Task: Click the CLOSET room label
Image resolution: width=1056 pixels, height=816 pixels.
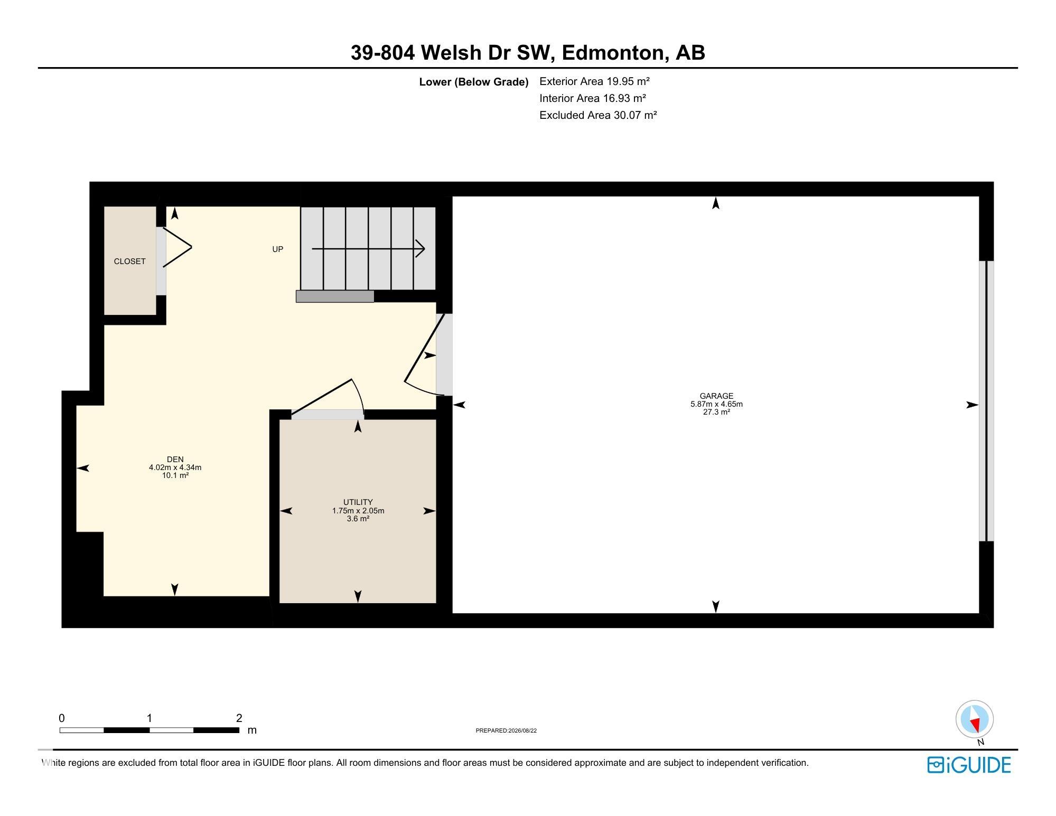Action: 129,261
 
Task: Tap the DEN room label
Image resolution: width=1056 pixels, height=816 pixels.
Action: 175,459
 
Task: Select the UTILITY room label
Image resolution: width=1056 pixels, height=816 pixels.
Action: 358,502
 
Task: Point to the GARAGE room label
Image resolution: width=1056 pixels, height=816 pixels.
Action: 716,396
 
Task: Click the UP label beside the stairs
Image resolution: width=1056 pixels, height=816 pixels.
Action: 277,249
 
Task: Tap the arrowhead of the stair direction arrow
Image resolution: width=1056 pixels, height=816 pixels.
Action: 420,248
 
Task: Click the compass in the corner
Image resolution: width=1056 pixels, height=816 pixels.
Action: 975,719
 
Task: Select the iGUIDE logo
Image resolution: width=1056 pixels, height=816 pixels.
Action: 969,765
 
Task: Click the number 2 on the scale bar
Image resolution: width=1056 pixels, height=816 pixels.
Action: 239,718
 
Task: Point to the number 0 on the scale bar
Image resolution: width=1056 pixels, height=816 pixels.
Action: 62,718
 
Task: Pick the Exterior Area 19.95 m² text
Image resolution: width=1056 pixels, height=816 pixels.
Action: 594,81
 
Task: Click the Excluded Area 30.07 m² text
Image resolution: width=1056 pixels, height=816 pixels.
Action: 598,115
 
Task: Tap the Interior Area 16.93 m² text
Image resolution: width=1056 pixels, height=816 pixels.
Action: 593,98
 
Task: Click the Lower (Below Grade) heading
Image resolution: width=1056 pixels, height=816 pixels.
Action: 474,82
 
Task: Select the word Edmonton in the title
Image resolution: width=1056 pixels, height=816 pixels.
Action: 613,53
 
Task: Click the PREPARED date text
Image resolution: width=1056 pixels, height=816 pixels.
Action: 506,731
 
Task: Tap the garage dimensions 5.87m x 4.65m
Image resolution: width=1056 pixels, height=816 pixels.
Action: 716,404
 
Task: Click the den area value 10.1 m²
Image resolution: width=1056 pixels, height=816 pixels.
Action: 175,475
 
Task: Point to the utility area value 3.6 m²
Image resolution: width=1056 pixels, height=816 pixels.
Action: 358,519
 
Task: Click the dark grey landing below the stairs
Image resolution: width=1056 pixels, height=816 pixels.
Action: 335,296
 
